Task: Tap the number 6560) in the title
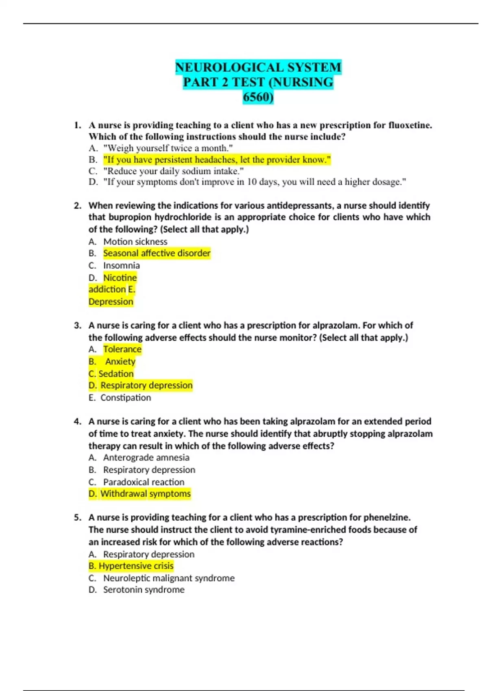coord(258,97)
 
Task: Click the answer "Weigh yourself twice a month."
coord(168,148)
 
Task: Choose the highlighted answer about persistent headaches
coord(217,160)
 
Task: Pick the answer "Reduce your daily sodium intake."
coord(173,171)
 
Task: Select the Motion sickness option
coord(135,241)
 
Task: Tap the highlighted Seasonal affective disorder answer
coord(157,253)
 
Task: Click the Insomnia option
coord(121,265)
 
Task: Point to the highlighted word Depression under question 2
coord(111,302)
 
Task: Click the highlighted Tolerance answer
coord(122,349)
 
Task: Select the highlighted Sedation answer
coord(116,374)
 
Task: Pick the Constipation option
coord(125,398)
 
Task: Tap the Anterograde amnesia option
coord(146,458)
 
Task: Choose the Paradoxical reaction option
coord(144,482)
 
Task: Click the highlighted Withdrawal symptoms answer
coord(145,494)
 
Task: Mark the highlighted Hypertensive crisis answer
coord(136,566)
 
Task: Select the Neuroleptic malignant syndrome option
coord(169,578)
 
